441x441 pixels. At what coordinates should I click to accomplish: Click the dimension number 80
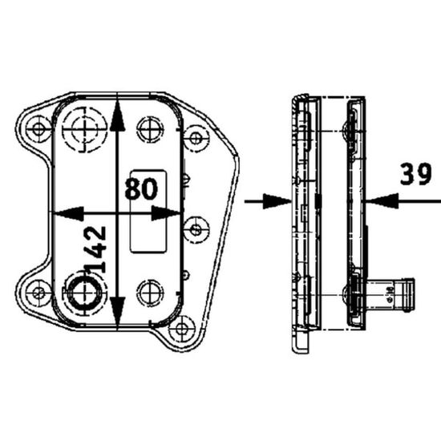click(140, 190)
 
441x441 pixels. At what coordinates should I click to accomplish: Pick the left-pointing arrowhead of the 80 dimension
click(67, 213)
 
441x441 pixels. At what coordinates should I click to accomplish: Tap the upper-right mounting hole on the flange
click(194, 136)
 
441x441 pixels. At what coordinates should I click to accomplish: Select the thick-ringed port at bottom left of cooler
click(82, 293)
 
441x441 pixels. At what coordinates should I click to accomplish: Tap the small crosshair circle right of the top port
click(149, 128)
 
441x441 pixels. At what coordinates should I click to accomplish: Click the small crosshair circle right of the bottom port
click(149, 293)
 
